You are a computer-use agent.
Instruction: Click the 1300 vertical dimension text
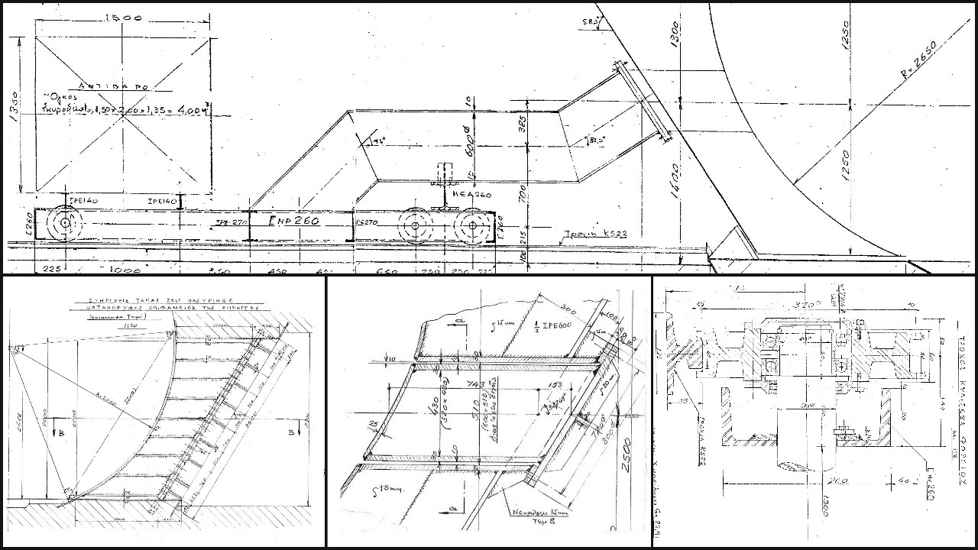click(673, 35)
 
